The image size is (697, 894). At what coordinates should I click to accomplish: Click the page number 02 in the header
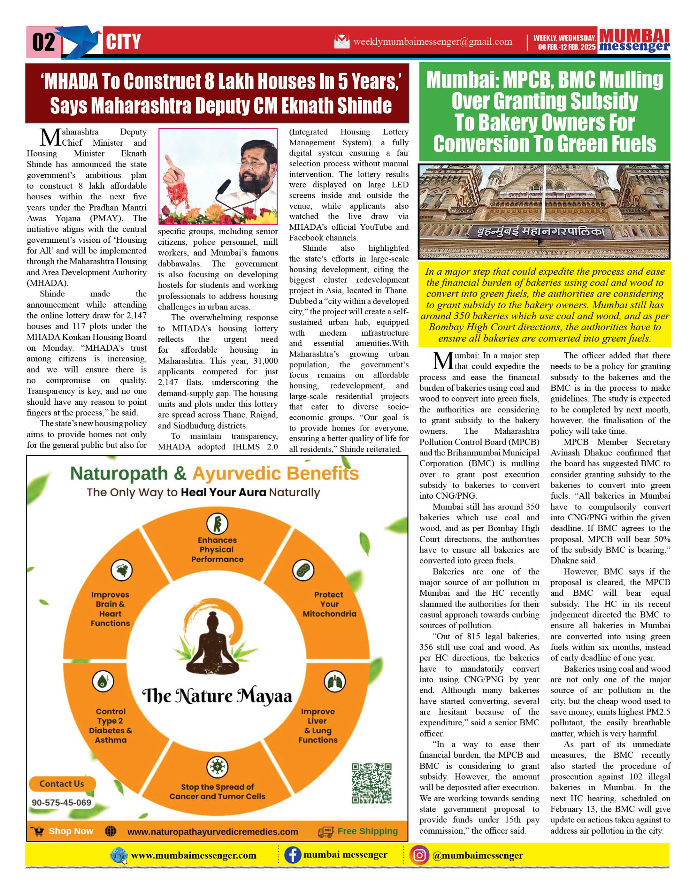coord(43,42)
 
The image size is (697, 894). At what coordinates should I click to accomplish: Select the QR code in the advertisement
coord(372,783)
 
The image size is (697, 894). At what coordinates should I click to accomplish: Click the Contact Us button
coord(62,784)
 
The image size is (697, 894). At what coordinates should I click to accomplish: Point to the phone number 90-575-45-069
coord(61,803)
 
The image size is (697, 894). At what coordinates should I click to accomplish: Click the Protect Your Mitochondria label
coord(329,604)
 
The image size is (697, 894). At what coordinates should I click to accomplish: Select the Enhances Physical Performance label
coord(217,550)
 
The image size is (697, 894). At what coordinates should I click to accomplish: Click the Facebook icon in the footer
coord(292,856)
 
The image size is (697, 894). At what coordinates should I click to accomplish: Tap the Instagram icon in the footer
coord(419,856)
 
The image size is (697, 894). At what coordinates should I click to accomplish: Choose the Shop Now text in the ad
coord(71,831)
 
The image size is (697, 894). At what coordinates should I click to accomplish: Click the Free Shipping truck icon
coord(326,832)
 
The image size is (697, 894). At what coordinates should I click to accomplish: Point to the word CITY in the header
coord(123,42)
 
